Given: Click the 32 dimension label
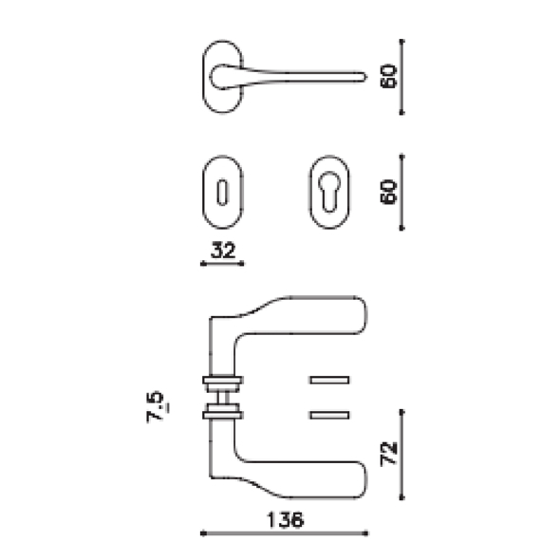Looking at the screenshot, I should [x=223, y=251].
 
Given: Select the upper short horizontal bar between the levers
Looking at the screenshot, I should [x=329, y=381].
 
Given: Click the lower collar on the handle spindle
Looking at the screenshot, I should [x=223, y=413].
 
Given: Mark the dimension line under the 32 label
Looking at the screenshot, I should [x=223, y=264].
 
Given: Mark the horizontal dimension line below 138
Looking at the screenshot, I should [x=285, y=532].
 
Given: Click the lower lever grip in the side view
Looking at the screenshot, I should [x=304, y=475].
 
